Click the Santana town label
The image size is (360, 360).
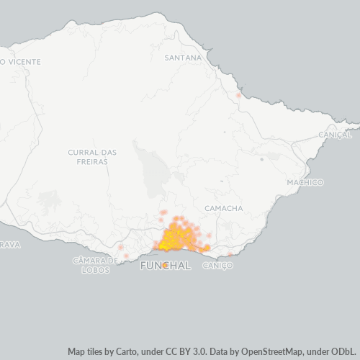(184, 57)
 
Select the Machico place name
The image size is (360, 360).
(305, 182)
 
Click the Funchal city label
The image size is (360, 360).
(165, 266)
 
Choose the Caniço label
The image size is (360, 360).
(218, 266)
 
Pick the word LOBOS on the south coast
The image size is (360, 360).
(95, 270)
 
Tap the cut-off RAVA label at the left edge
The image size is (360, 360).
(9, 245)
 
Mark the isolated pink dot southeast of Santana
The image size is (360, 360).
(238, 95)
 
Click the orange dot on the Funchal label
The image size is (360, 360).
(166, 266)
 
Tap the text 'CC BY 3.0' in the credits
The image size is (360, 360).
(185, 351)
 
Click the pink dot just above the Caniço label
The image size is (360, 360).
(230, 255)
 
